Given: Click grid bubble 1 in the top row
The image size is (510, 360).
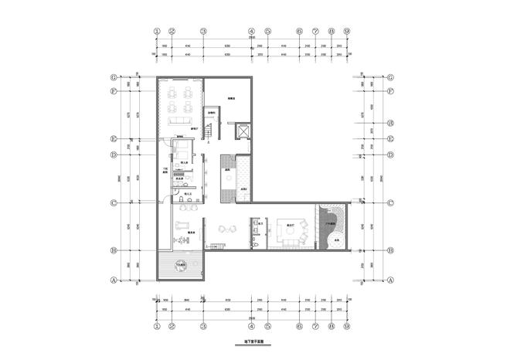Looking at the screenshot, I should (x=157, y=32).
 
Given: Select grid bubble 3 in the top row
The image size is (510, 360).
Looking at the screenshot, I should (x=203, y=32).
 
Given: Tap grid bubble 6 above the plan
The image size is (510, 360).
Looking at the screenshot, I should (x=299, y=32).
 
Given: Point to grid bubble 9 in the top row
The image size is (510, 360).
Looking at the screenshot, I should (x=347, y=32).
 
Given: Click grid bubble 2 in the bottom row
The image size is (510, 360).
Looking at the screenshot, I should (x=173, y=325).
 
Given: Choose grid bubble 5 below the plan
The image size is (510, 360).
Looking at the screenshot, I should (x=267, y=325).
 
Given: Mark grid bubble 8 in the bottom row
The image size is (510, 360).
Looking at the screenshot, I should (x=331, y=325).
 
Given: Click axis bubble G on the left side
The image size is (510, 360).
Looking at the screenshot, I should (x=114, y=77).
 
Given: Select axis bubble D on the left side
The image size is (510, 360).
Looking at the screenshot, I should (x=114, y=155).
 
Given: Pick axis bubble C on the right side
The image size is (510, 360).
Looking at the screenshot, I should (x=390, y=204).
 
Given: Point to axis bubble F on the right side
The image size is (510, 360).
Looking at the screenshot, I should (x=390, y=91).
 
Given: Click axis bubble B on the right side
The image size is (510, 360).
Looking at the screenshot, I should (x=390, y=250).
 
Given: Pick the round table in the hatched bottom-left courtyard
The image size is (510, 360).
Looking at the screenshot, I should (x=182, y=266).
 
